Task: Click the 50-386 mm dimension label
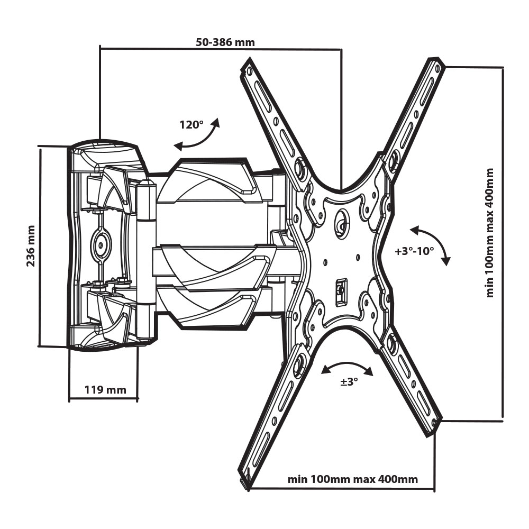coord(225,42)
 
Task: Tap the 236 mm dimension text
coord(30,246)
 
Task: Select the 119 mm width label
coord(105,390)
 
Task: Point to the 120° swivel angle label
coord(191,125)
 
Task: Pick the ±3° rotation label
coord(349,381)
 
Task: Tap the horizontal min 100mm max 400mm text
coord(352,479)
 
